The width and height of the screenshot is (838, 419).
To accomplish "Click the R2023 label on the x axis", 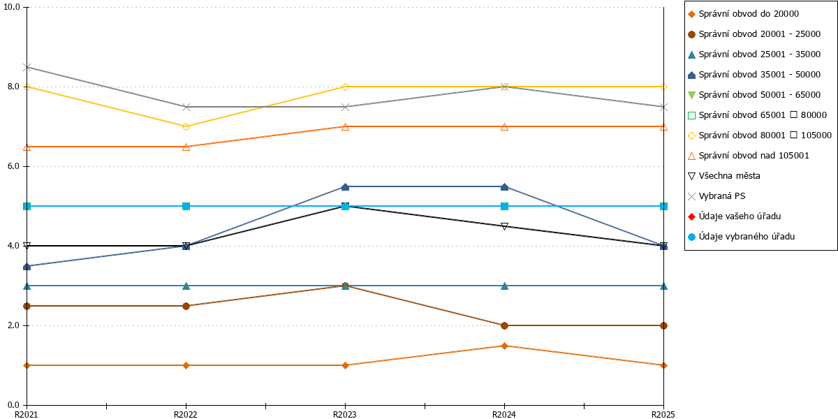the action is (x=344, y=414).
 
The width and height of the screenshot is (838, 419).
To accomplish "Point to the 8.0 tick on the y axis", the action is (x=13, y=87).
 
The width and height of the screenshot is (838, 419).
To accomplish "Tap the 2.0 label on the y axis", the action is (x=13, y=325).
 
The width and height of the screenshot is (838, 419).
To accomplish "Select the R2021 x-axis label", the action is (x=27, y=414).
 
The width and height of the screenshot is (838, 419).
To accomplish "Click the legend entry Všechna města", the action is (x=724, y=176).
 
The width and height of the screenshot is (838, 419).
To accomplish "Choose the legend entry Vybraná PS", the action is (x=716, y=196).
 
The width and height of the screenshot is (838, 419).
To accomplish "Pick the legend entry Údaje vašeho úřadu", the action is (x=735, y=216).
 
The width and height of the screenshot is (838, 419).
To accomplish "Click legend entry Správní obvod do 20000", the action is (x=743, y=14).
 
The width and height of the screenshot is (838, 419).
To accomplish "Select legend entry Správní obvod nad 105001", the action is (x=748, y=156).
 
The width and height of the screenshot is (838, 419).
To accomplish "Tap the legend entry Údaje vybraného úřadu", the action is (x=741, y=237).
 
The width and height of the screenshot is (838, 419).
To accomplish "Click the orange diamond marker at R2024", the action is (x=504, y=346).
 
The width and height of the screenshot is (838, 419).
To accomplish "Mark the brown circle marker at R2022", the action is (x=186, y=306).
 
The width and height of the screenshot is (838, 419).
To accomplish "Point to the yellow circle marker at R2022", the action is (x=186, y=127).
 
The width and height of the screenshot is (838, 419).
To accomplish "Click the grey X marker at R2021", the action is (x=27, y=67).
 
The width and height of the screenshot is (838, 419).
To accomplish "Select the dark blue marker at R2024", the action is (x=504, y=186).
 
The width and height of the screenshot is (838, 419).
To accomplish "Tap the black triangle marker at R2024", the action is (x=504, y=226).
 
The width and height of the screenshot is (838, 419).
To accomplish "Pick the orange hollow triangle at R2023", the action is (x=345, y=127).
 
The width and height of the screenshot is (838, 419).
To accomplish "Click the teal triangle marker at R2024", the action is (x=504, y=286).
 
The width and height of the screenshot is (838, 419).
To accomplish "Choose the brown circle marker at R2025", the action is (x=663, y=325).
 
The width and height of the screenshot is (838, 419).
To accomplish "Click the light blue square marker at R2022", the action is (x=186, y=206).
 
